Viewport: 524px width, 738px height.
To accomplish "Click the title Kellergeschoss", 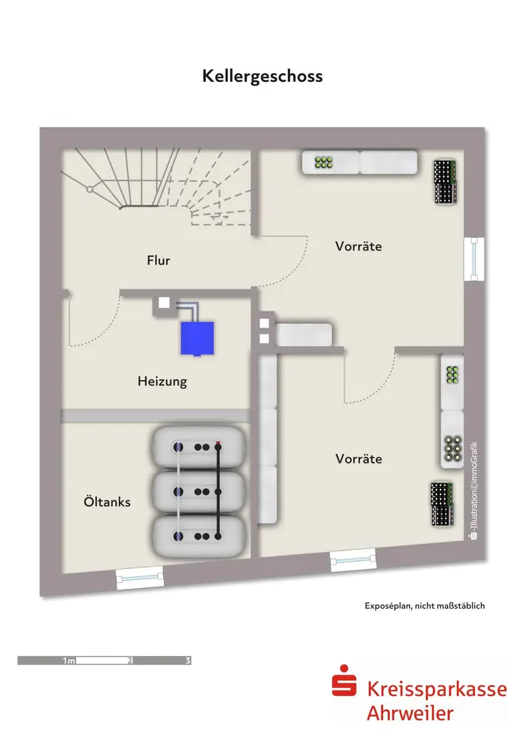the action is (x=262, y=76).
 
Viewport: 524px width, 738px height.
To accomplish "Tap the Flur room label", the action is (x=159, y=261).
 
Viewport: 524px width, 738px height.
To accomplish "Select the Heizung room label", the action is (x=162, y=382).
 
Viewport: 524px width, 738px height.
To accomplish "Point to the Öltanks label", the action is (x=107, y=502).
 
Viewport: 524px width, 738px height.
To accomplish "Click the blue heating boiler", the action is (x=197, y=339).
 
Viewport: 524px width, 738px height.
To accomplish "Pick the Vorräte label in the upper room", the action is (x=359, y=246).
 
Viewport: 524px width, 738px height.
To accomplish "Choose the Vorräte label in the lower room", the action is (x=359, y=458).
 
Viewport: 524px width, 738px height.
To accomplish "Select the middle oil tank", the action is (x=199, y=491).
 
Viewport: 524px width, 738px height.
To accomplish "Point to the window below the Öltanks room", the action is (x=139, y=577).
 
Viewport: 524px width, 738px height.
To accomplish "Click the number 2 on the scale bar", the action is (x=131, y=661).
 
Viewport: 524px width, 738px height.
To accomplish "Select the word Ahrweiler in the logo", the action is (x=410, y=713).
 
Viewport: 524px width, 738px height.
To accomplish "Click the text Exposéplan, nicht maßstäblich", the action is (x=424, y=606).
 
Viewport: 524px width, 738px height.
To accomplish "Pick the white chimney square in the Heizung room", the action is (x=165, y=303).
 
